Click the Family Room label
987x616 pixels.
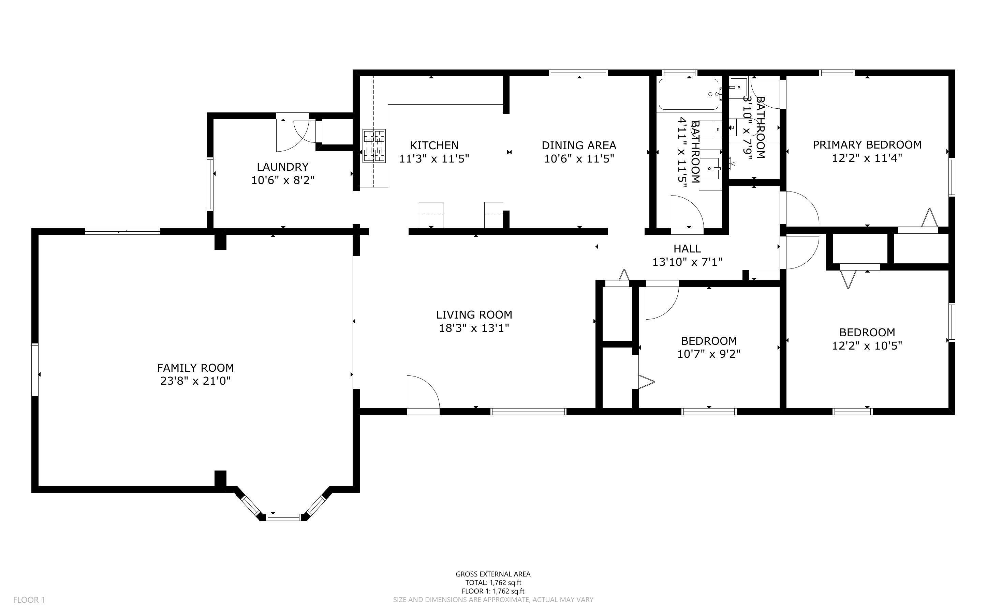pos(195,368)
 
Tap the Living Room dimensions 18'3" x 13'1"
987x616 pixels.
pos(474,328)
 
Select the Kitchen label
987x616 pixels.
pos(434,145)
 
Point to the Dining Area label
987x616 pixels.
pos(579,145)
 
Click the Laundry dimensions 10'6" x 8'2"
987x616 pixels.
pos(283,180)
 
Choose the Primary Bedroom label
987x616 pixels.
pos(867,144)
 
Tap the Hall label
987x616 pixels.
pos(687,248)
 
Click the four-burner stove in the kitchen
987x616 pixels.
pos(374,146)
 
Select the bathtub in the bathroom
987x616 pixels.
pos(689,94)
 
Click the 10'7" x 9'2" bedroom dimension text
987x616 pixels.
pos(709,354)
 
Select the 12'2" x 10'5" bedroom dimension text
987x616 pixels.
pos(867,346)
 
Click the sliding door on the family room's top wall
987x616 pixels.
pos(122,231)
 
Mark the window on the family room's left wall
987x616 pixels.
pos(35,370)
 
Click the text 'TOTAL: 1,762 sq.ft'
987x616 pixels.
pos(493,583)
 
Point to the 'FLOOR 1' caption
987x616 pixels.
pos(29,600)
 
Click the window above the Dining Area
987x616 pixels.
pos(578,73)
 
